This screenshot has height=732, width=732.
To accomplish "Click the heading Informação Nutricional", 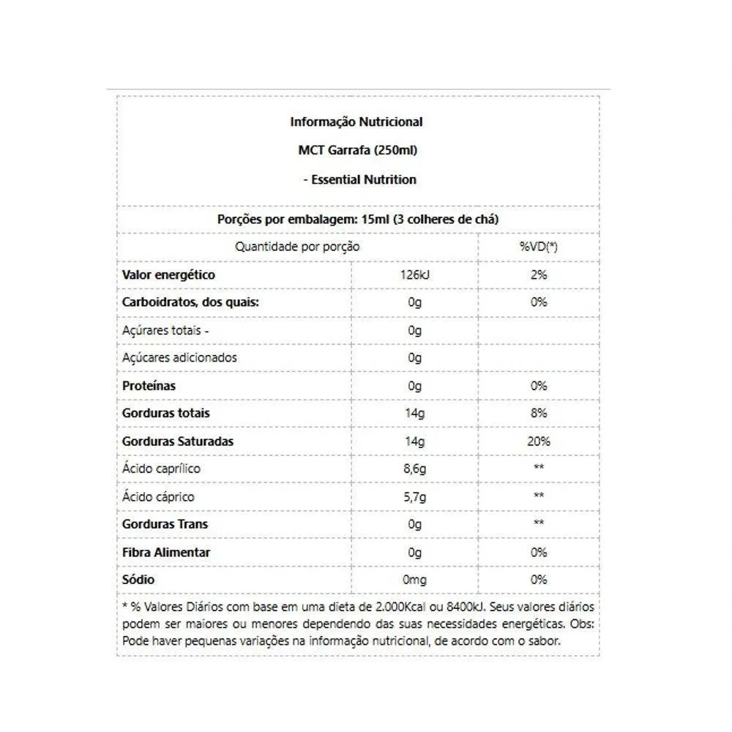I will pyautogui.click(x=356, y=122).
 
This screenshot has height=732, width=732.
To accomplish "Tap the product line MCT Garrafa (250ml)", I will pyautogui.click(x=358, y=151).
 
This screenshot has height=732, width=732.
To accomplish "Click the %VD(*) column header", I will pyautogui.click(x=538, y=247).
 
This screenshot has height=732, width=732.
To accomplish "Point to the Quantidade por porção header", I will pyautogui.click(x=297, y=247).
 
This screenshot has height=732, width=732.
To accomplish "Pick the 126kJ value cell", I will pyautogui.click(x=415, y=275).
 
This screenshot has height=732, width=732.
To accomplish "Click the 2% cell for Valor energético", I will pyautogui.click(x=539, y=275).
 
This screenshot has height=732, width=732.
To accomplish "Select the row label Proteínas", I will pyautogui.click(x=149, y=386).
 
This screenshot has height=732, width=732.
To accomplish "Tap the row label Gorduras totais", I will pyautogui.click(x=165, y=413).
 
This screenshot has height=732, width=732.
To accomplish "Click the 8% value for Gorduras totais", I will pyautogui.click(x=539, y=413).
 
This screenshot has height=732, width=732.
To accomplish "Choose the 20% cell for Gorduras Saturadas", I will pyautogui.click(x=539, y=441).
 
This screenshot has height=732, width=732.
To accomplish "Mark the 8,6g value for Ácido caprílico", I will pyautogui.click(x=415, y=468).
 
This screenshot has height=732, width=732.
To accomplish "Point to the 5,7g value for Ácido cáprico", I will pyautogui.click(x=415, y=496).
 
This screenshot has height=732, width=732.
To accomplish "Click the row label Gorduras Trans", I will pyautogui.click(x=165, y=524).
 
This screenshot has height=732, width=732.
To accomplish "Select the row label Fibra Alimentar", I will pyautogui.click(x=166, y=552).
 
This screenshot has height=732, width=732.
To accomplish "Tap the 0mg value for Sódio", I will pyautogui.click(x=415, y=580).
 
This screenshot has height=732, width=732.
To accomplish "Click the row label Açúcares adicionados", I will pyautogui.click(x=179, y=358).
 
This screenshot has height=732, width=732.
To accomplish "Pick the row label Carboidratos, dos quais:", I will pyautogui.click(x=191, y=302).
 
